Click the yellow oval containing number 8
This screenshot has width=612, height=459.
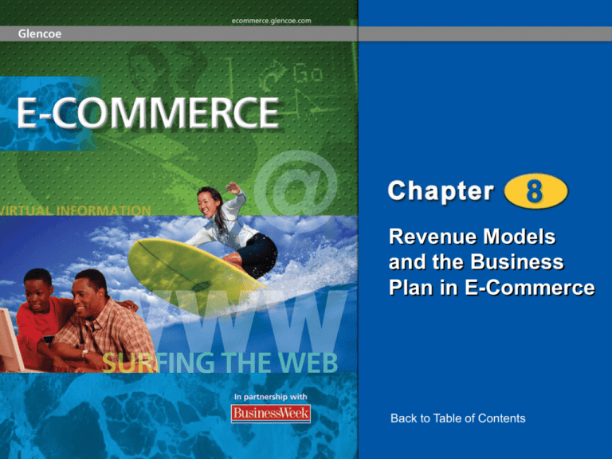click(x=535, y=193)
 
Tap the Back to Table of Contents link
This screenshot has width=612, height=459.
click(x=457, y=418)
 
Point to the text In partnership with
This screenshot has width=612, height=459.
click(x=271, y=395)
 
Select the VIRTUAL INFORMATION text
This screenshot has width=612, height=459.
click(x=75, y=210)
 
